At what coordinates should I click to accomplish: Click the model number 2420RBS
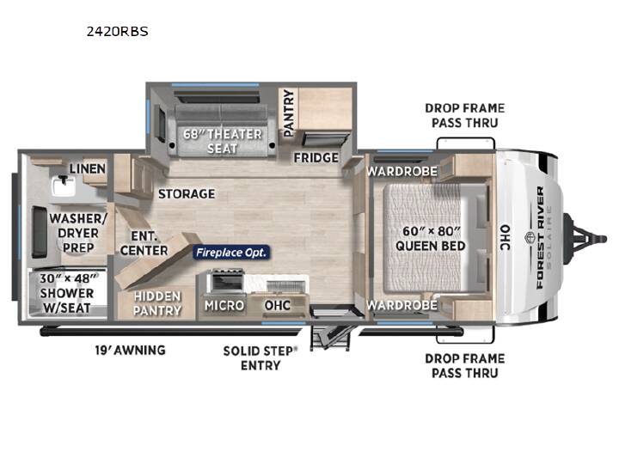[117, 32]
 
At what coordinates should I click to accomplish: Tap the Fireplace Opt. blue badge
[231, 252]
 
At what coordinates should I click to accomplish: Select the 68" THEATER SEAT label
[223, 141]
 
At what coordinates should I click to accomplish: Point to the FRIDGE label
[316, 158]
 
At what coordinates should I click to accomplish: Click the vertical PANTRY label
[289, 113]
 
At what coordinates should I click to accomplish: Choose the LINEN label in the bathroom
[88, 169]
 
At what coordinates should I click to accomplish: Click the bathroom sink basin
[63, 186]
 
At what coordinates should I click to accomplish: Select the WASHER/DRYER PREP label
[78, 233]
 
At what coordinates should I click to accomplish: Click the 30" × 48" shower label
[67, 293]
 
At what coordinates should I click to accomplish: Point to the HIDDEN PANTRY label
[157, 303]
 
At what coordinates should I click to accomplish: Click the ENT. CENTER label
[144, 243]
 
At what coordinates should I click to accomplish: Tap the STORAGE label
[187, 193]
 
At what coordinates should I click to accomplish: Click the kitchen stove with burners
[227, 280]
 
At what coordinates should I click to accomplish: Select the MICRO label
[224, 305]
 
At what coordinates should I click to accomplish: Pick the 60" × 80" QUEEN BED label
[431, 238]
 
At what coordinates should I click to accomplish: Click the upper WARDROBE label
[401, 171]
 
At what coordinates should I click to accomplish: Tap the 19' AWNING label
[131, 350]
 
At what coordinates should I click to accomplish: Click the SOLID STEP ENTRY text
[260, 357]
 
